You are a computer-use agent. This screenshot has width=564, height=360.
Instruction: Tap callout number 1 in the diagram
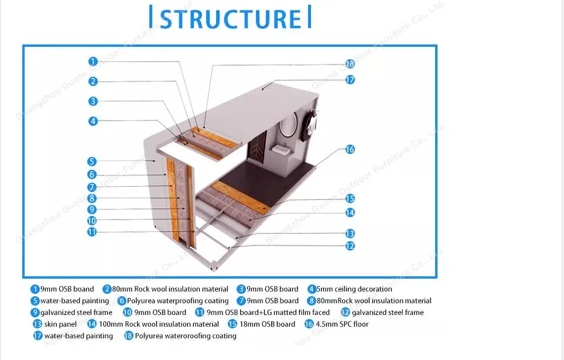point(93,61)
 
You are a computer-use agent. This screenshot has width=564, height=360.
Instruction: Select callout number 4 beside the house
point(93,121)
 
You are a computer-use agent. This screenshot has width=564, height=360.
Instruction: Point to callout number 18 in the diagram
point(350,64)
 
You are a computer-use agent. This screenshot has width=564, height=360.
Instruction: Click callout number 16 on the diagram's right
point(350,149)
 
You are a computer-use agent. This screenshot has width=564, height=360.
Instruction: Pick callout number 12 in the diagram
point(350,246)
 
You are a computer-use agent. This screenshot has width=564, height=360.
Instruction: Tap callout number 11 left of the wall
point(92,232)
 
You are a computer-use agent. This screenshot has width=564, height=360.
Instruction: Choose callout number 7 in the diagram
point(92,187)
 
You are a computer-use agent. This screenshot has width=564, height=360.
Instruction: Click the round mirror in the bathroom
point(288,128)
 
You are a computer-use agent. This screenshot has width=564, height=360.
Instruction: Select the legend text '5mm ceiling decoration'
point(355,289)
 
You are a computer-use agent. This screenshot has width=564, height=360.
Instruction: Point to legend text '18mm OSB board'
point(269,324)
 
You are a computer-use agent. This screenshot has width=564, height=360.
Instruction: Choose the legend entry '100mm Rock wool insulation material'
point(158,324)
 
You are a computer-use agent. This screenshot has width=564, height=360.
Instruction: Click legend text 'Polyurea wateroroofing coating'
point(186,336)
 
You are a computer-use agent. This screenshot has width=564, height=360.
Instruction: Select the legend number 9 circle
point(36,313)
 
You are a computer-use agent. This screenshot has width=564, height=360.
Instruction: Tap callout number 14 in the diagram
point(350,212)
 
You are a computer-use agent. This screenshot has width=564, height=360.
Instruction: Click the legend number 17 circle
point(38,336)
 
